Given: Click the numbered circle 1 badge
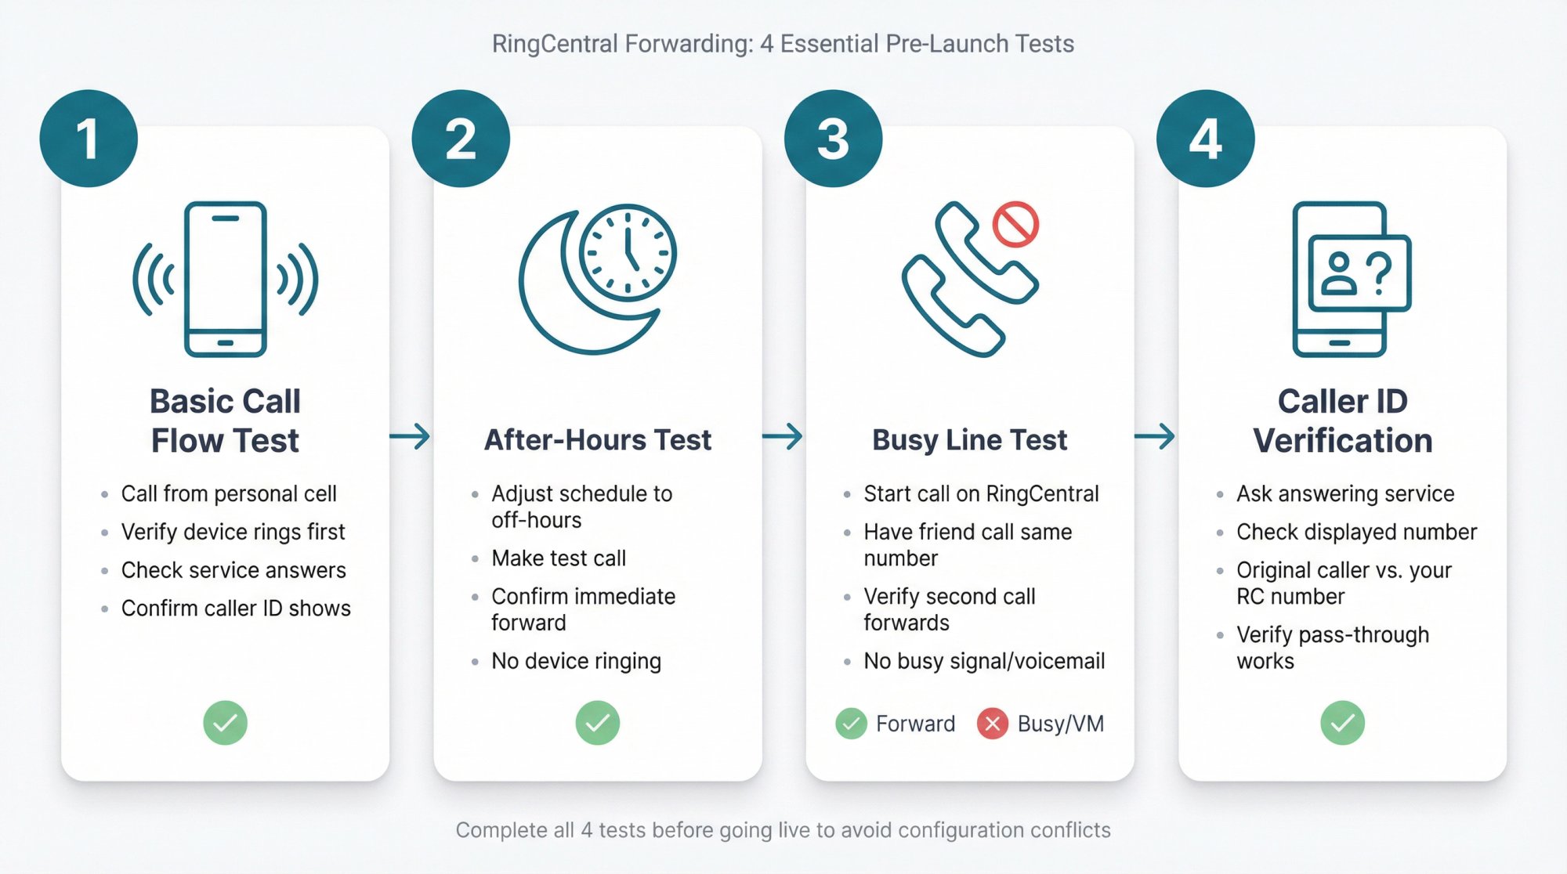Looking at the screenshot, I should [x=89, y=139].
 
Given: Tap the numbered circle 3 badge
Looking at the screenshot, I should [x=833, y=139].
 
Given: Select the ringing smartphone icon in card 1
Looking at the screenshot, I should [x=226, y=280].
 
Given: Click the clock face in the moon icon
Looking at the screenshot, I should [x=628, y=252].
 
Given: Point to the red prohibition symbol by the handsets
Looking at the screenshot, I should [x=1015, y=225].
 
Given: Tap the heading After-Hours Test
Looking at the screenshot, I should [x=598, y=439].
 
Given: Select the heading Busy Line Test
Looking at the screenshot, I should [x=969, y=439].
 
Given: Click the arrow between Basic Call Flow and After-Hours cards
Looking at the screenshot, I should [x=411, y=436].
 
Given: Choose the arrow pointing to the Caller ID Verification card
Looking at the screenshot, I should [x=1155, y=436].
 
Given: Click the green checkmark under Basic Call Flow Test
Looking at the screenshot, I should [x=226, y=722].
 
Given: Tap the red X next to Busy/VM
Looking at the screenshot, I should [x=992, y=724].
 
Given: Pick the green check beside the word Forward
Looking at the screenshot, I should [x=851, y=724].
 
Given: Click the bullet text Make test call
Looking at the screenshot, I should [x=559, y=558].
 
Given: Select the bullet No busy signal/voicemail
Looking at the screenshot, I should [x=984, y=661].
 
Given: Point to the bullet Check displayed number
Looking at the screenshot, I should [x=1356, y=533].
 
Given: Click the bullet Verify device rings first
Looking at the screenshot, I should [x=233, y=533].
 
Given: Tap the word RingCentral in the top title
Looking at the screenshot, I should [x=555, y=44].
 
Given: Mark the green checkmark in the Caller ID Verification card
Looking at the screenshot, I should [x=1342, y=722].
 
